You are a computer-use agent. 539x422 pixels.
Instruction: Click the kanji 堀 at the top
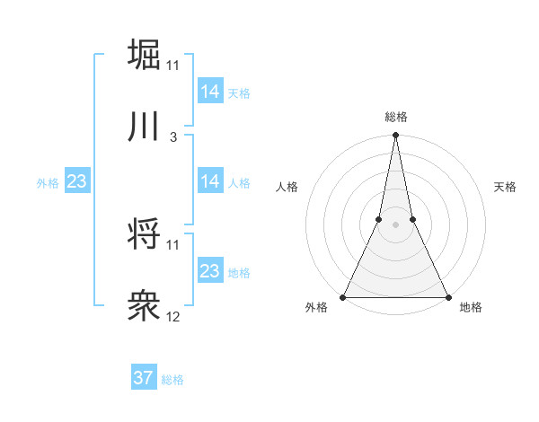coord(144,54)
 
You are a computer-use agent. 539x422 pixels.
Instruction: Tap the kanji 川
coord(144,127)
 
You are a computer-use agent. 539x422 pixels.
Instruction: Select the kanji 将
coord(144,234)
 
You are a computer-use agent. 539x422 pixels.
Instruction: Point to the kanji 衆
coord(144,307)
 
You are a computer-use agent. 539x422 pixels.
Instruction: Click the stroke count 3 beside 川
coord(173,137)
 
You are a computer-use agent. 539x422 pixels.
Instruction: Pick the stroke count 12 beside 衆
coord(173,317)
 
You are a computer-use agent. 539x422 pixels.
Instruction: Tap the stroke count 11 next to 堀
coord(173,66)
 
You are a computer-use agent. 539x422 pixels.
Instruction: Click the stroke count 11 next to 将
coord(173,244)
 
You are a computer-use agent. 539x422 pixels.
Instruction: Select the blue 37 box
coord(143,378)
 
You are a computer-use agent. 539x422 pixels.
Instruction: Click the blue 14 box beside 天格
coord(209,92)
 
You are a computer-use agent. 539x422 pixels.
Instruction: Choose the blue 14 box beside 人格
coord(209,181)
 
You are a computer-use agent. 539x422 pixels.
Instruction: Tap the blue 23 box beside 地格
coord(209,271)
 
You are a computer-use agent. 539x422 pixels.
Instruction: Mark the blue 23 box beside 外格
coord(76,181)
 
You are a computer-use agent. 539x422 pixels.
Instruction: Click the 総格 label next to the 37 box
coord(172,380)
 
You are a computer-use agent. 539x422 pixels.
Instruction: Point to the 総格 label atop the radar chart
coord(395,117)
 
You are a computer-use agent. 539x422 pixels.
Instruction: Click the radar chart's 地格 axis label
coord(471,308)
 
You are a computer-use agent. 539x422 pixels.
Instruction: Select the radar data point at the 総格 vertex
coord(395,136)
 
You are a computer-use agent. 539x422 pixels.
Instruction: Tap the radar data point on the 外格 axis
coord(343,297)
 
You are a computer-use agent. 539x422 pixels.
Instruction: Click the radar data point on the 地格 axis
coord(447,297)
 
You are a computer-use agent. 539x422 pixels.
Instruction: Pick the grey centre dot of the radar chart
coord(395,224)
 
